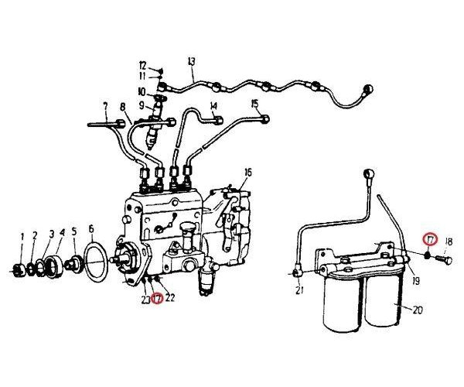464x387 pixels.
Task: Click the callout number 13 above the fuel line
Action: tap(192, 62)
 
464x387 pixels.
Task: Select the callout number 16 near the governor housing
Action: tap(248, 173)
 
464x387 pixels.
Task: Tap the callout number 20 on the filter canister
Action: tap(418, 310)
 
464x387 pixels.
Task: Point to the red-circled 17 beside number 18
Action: tap(430, 239)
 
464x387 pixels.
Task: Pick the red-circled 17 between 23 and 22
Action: tap(157, 298)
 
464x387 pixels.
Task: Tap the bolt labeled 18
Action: tap(445, 260)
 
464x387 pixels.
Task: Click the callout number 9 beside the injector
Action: tap(142, 104)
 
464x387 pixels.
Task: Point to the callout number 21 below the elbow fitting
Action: tap(299, 290)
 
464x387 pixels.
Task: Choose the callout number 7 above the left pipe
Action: tap(105, 106)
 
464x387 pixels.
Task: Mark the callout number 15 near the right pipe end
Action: tap(254, 104)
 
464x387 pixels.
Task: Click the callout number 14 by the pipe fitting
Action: tap(213, 106)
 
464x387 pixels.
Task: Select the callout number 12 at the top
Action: tap(142, 65)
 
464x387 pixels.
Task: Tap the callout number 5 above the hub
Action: tap(74, 231)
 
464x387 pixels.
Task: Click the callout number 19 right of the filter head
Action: tap(416, 281)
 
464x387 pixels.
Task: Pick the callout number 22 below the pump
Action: tap(169, 298)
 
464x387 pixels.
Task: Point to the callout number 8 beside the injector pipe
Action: tap(123, 107)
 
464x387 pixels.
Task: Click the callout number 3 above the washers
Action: tap(52, 235)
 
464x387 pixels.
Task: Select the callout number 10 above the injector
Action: tap(142, 92)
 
